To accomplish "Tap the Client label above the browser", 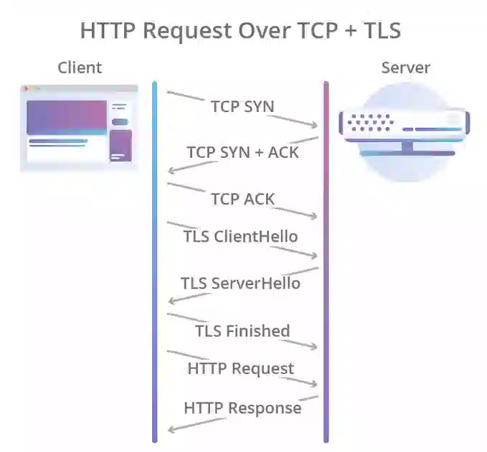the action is click(80, 67).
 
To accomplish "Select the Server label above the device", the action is click(406, 67).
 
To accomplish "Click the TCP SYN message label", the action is click(242, 107).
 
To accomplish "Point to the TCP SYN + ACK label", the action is click(242, 152).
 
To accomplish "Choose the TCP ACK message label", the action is click(242, 199).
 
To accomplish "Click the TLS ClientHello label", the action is click(241, 236).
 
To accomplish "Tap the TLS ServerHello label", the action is click(241, 283).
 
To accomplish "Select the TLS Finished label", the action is click(242, 331).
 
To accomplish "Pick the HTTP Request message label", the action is click(241, 369).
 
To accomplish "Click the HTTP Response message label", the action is click(242, 408).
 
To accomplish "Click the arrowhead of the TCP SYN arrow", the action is click(315, 125).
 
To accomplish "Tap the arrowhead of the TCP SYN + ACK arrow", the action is click(171, 170).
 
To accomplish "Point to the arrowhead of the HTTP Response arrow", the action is click(171, 430).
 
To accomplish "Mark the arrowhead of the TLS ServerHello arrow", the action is click(171, 301).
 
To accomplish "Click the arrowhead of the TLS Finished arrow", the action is click(314, 347).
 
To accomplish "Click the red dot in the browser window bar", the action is click(26, 89).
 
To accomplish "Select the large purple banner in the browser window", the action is click(67, 117).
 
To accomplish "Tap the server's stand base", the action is click(407, 153).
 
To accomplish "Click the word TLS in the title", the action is click(382, 31).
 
